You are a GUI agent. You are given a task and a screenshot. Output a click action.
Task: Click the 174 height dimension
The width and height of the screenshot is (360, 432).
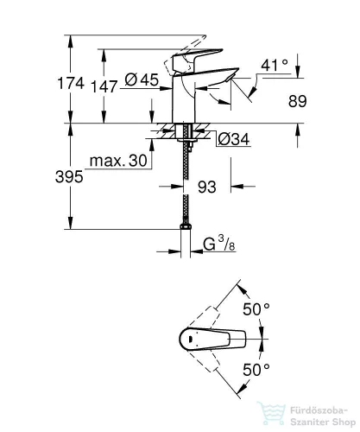[71, 83]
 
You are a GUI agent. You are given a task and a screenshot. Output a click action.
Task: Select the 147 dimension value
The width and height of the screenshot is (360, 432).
[104, 86]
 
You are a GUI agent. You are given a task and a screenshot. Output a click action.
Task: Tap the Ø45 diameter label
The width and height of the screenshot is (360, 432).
[142, 79]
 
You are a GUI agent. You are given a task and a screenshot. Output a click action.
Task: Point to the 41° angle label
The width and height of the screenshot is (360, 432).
[275, 66]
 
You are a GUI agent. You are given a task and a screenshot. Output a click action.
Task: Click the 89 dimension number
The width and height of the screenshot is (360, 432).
[298, 101]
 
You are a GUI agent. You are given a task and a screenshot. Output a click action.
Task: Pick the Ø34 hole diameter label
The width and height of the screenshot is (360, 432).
[234, 139]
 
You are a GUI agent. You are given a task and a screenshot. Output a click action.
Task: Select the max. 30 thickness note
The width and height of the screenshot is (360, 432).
[118, 161]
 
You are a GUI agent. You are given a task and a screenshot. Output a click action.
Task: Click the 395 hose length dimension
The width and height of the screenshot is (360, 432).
[69, 176]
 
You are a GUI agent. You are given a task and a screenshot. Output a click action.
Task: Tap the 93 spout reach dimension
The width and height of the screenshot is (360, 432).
[207, 187]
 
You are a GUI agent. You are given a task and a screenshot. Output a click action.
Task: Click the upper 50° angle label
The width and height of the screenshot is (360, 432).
[256, 309]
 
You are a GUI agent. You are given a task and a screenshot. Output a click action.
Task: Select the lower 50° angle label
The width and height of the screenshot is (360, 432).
[256, 370]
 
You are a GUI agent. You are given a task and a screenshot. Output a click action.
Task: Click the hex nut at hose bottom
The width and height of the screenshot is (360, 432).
[186, 226]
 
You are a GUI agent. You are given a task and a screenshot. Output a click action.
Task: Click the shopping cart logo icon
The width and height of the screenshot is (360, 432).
[271, 414]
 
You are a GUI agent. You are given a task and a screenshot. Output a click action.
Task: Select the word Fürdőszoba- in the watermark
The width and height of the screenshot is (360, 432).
[319, 410]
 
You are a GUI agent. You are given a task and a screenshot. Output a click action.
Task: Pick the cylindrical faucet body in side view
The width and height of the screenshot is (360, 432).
[183, 98]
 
